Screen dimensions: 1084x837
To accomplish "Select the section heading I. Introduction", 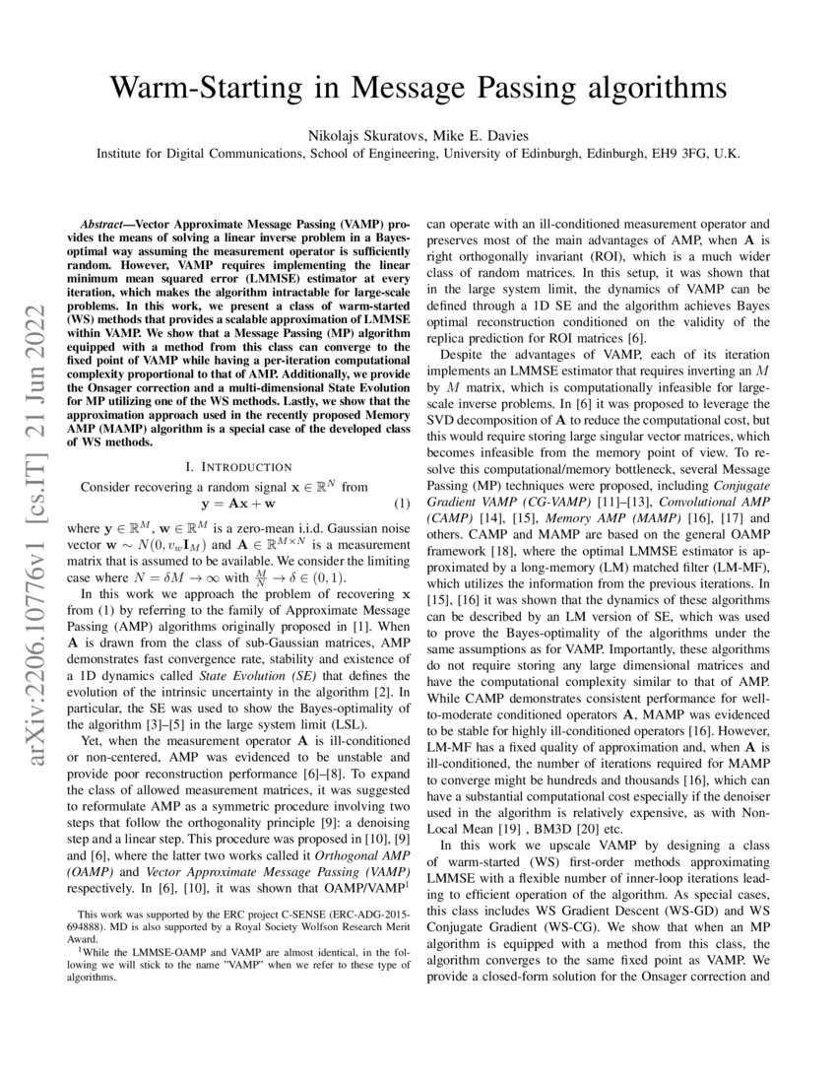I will point(238,466).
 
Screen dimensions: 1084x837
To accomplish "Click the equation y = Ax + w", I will point(238,504).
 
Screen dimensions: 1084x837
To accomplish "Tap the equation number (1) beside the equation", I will point(402,504).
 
